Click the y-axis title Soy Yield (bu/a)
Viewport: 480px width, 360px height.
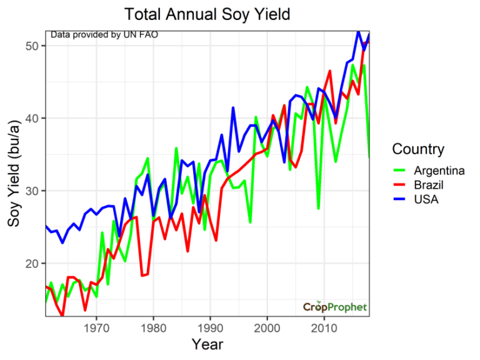coord(16,172)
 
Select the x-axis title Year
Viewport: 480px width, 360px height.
coord(207,344)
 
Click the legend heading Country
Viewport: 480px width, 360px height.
coord(418,149)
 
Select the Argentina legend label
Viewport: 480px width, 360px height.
coord(439,171)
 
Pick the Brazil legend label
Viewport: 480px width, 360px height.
coord(430,185)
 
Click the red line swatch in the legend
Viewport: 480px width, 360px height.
coord(401,185)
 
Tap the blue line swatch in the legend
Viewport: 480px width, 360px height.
coord(401,199)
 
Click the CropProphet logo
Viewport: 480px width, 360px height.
coord(335,307)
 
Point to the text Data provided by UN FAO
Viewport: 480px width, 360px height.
coord(104,34)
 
